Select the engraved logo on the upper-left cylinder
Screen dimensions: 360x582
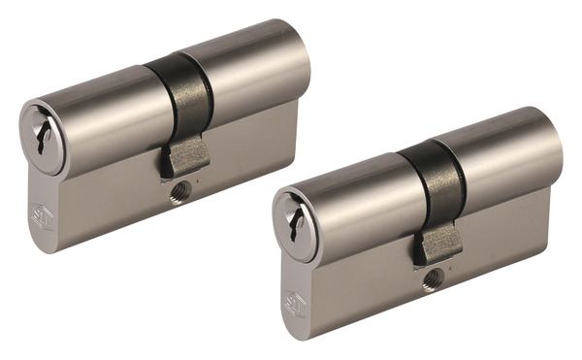[45, 217]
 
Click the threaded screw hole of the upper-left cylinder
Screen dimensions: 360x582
[178, 192]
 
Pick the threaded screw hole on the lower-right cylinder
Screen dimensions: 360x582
[431, 279]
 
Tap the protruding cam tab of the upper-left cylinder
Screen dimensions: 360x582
[183, 156]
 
